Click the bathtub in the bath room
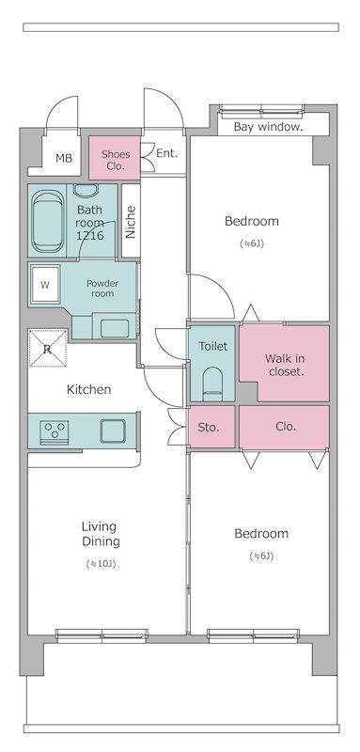(48, 221)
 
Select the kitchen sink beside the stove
(113, 431)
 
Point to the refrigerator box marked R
(47, 348)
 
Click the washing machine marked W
(45, 285)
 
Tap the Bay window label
(268, 127)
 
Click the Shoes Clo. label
(115, 160)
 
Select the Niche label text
(131, 222)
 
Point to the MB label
(64, 158)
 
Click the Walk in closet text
(285, 365)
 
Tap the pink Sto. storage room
(211, 427)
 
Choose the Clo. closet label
(286, 426)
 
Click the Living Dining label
(101, 534)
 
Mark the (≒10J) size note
(101, 563)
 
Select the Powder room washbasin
(115, 328)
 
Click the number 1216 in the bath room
(89, 236)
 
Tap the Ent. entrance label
(166, 154)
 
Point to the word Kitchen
(88, 389)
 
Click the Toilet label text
(212, 346)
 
